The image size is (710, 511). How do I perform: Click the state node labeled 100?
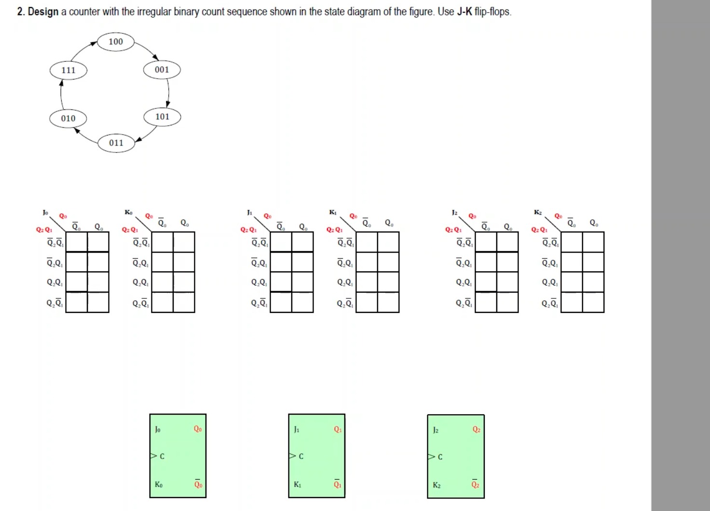coord(116,42)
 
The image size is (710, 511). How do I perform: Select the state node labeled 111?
coord(68,70)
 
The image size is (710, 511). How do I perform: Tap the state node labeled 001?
coord(162,70)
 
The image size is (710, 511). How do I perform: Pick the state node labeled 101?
coord(162,117)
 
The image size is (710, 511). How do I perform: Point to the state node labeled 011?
coord(116,143)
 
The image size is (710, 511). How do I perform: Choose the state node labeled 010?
coord(68,119)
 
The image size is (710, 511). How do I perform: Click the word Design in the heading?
coord(43,12)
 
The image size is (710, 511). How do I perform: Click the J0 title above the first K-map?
coord(45,212)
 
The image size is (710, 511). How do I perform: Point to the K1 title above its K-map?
coord(333,212)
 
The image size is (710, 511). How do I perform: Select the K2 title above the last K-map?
coord(538,212)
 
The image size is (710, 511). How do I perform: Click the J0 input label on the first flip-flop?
coord(158,429)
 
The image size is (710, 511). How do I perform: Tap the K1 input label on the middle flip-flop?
coord(297,484)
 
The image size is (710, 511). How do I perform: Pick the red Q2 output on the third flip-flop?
coord(476,430)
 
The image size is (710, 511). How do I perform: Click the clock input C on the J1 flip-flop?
coord(300,456)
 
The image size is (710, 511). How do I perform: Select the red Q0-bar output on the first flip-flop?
coord(198,484)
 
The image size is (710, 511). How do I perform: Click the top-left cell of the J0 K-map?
coord(76,242)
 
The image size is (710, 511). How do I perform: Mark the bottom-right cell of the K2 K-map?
coord(593,302)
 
